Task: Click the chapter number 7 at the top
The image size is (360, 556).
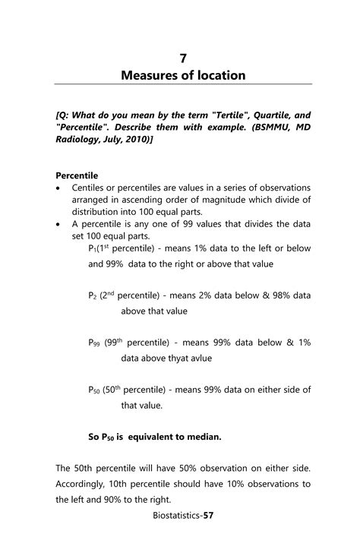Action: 183,58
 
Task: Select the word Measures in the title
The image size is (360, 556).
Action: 149,75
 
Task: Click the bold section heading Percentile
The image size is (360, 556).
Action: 77,175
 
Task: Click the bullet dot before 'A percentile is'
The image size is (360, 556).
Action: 59,224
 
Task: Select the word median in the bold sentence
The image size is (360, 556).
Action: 201,438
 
